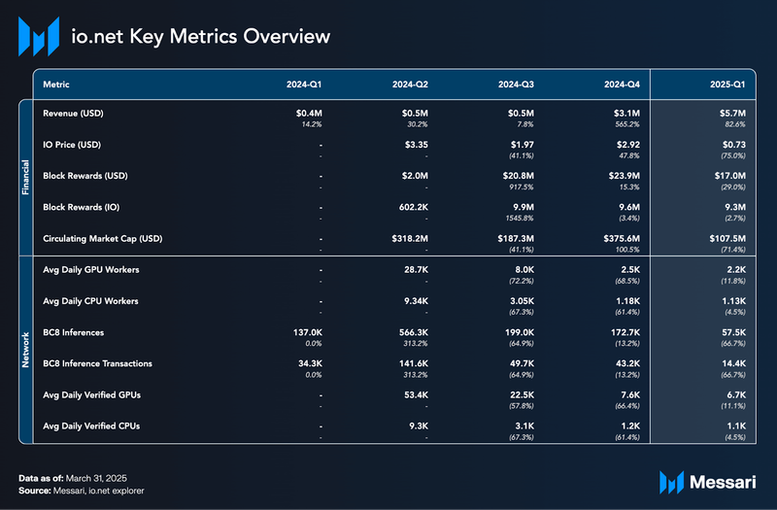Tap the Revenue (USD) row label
pos(74,114)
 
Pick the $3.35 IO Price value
pos(415,145)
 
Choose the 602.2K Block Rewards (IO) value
pos(412,206)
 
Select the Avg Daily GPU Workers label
pos(91,269)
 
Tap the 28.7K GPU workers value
pos(415,269)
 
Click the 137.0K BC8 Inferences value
pos(303,331)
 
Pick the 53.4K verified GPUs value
pos(415,393)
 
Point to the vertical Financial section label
pos(26,176)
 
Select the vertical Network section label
pos(26,347)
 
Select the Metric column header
pos(56,85)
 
